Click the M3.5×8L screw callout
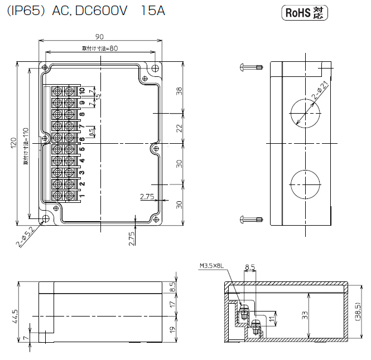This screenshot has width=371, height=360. [211, 266]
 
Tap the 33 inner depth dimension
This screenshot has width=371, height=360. [305, 315]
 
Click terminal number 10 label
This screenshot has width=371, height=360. [81, 90]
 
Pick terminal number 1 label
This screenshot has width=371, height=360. [81, 196]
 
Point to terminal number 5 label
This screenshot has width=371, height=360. [81, 149]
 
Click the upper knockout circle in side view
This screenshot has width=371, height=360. [305, 111]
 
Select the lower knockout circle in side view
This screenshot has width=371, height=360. [305, 183]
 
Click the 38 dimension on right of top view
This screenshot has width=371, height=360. [179, 90]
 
